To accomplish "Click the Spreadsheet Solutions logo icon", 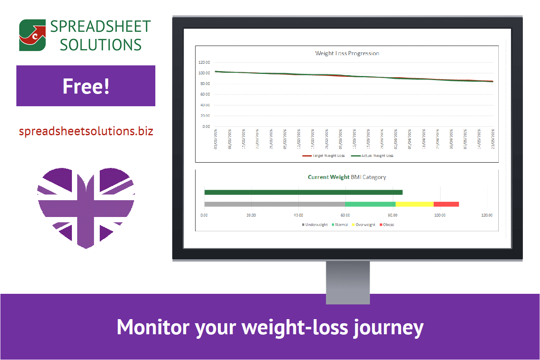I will pos(32,36).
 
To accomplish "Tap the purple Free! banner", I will pos(86,86).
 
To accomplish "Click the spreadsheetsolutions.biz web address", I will pos(86,132).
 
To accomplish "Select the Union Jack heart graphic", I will pos(86,206).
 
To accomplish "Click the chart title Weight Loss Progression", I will pos(347,54).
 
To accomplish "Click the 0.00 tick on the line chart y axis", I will pos(206,127).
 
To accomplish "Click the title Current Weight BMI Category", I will pos(347,177).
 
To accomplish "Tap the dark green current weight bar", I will pos(303,192).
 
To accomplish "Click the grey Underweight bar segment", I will pos(275,204).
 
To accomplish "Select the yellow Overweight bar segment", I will pos(415,204).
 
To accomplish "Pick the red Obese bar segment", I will pos(446,204).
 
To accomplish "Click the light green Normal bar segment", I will pos(370,204).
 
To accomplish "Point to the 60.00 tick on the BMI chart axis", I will pos(345,215).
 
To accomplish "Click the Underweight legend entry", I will pos(315,225).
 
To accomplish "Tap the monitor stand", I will pos(348,282).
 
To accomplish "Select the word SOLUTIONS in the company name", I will pos(101,45).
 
